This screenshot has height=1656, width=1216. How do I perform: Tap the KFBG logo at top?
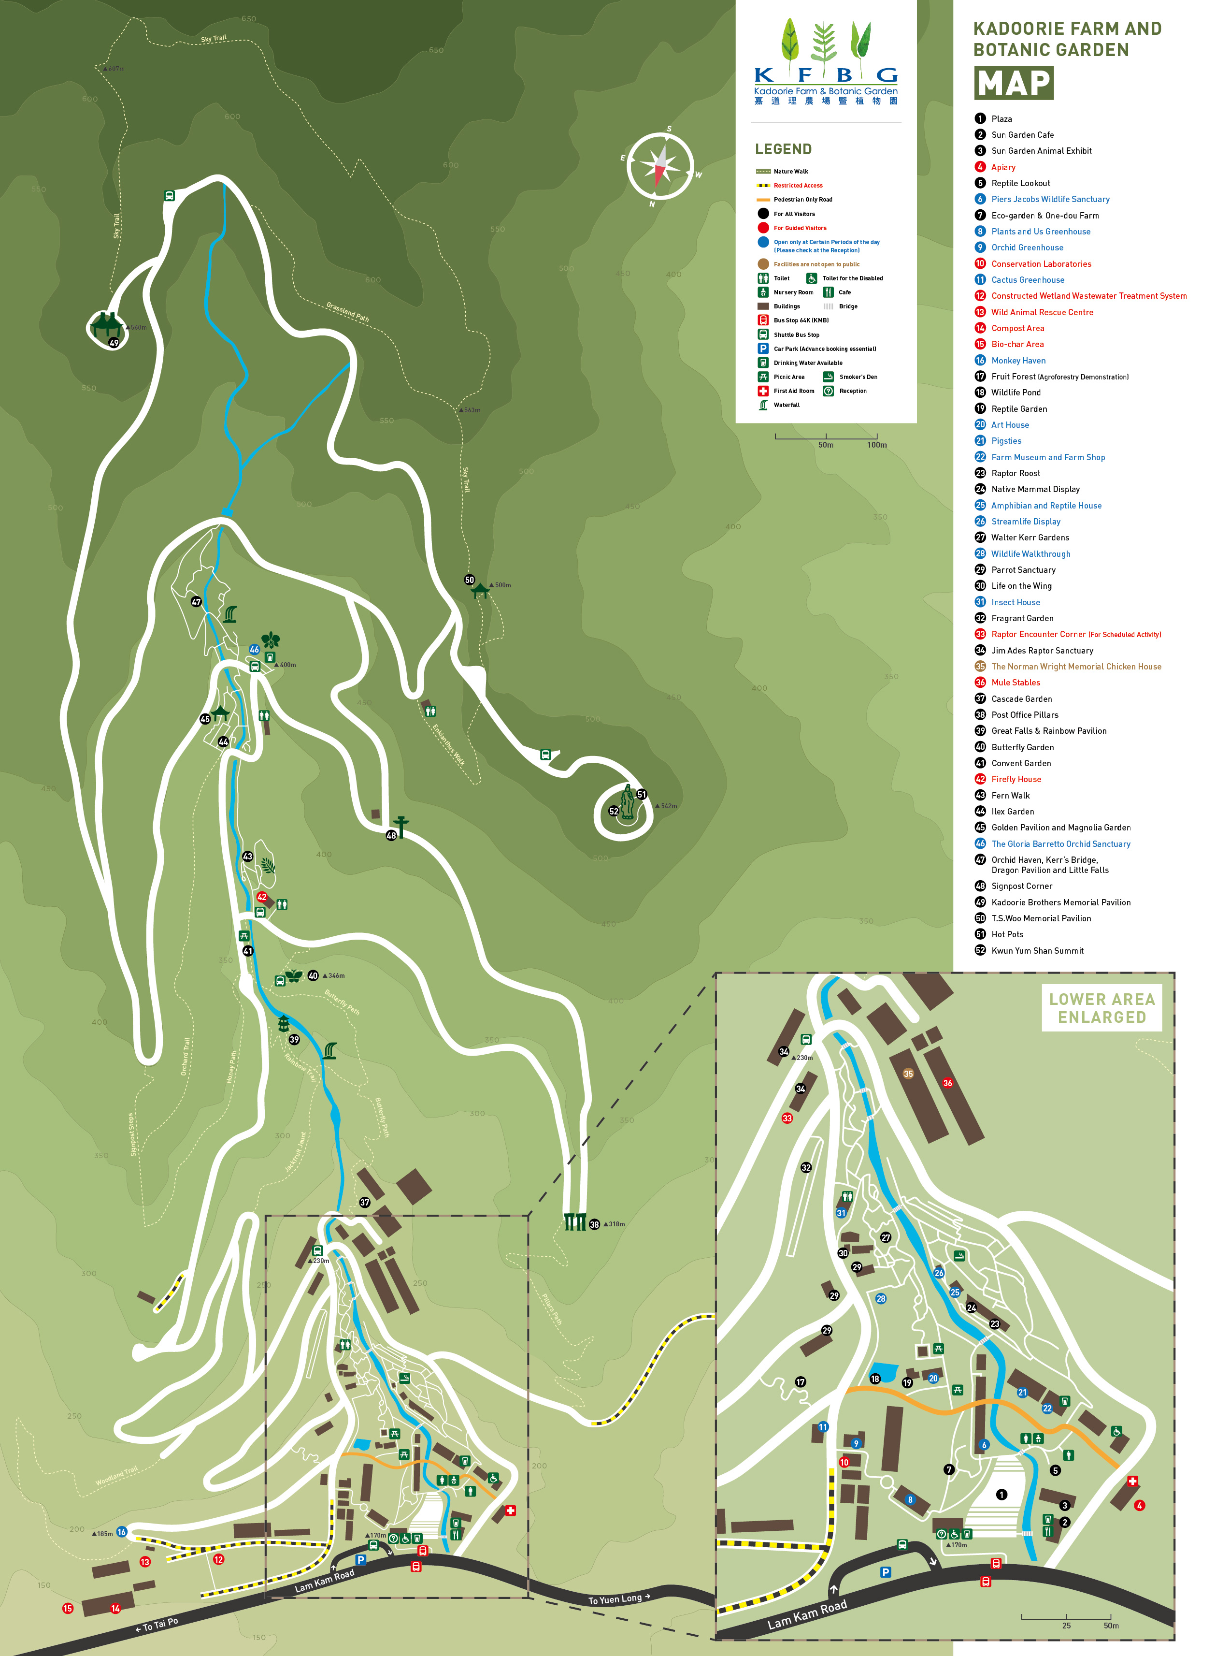pos(825,62)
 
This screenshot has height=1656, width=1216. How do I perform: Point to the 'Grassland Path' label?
pos(347,311)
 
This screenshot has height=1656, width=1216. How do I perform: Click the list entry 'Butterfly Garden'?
pos(1022,747)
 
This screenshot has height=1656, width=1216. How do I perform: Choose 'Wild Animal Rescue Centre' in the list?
pos(1042,312)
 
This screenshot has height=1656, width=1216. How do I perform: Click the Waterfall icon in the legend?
pos(763,405)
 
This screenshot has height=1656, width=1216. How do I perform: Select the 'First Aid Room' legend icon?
pos(763,391)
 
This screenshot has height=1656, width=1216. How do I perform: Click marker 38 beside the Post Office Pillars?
pos(594,1224)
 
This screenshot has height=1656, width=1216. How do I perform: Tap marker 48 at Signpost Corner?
pos(391,835)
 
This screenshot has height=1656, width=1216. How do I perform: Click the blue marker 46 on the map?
pos(254,650)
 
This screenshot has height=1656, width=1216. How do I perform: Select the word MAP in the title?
pos(1014,83)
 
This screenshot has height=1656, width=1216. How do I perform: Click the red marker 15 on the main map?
pos(68,1608)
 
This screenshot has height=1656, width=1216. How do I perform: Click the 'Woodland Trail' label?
pos(116,1476)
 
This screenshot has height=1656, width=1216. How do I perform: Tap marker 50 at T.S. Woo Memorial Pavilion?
pos(469,580)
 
